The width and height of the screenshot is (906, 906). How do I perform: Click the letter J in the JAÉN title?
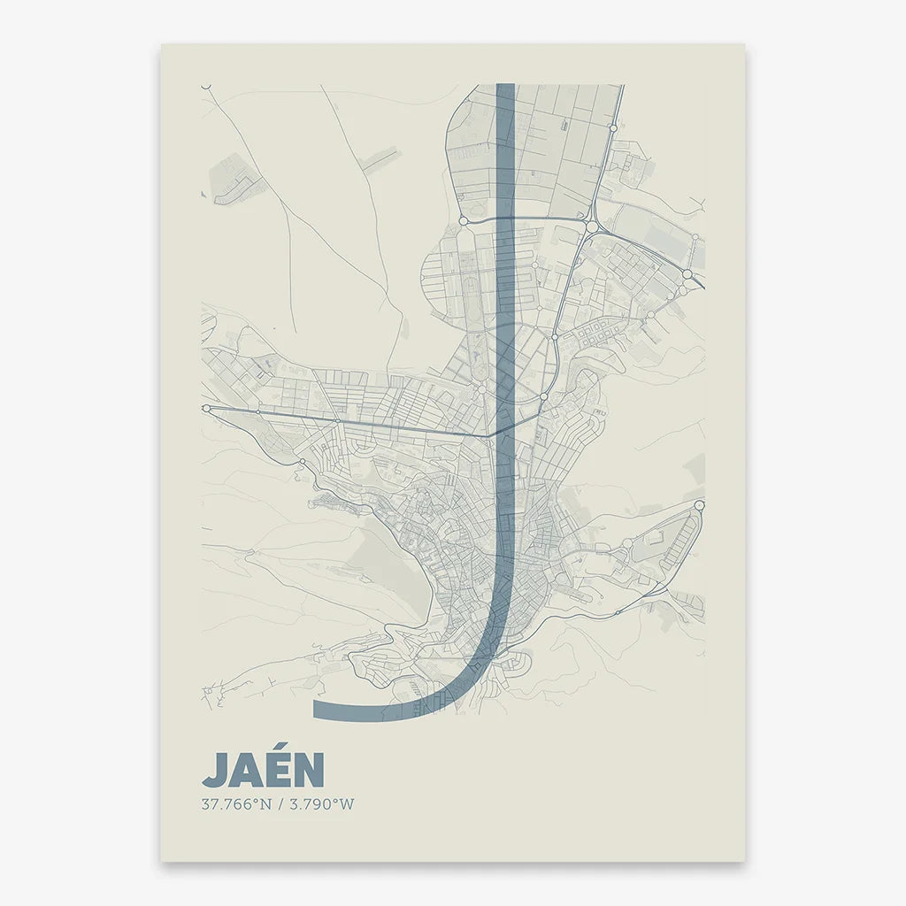[215, 771]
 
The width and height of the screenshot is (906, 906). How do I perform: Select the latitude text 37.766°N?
[236, 805]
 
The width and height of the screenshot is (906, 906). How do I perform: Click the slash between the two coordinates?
[278, 805]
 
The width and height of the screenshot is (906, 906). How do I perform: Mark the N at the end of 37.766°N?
[265, 805]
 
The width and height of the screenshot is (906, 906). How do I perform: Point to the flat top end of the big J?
[505, 86]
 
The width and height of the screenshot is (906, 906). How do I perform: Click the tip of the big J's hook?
[316, 710]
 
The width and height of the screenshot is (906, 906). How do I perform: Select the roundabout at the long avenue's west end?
[206, 409]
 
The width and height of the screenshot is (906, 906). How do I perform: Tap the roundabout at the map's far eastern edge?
[699, 505]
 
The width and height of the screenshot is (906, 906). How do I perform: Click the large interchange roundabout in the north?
[591, 226]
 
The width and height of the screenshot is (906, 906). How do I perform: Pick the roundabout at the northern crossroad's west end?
[463, 220]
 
